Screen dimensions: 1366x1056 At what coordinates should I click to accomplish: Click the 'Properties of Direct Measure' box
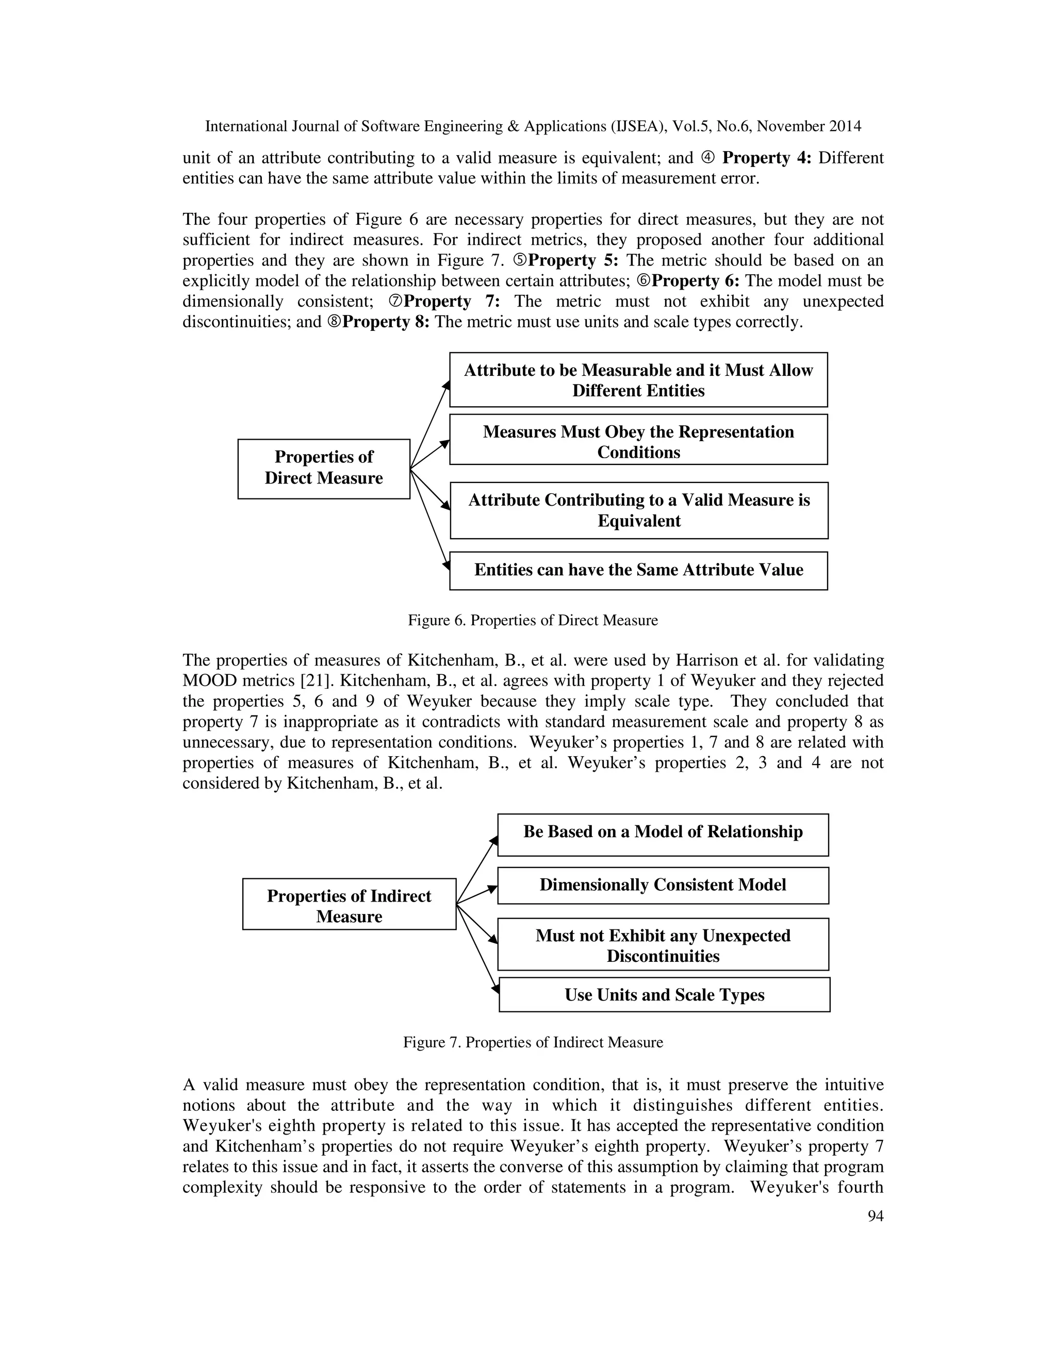(323, 469)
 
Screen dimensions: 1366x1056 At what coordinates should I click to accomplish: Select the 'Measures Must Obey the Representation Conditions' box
(638, 440)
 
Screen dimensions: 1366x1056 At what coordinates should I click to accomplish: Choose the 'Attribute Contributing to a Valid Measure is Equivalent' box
(639, 510)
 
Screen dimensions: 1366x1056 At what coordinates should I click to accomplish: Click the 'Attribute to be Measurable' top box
(638, 380)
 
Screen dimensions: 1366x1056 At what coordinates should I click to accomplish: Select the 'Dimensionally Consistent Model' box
(663, 885)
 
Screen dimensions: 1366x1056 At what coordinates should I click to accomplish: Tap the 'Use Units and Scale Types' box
(664, 994)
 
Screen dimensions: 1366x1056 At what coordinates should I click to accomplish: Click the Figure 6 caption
(532, 621)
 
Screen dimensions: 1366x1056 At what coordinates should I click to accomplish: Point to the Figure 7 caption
(532, 1043)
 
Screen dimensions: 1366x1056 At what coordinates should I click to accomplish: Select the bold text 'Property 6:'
(695, 281)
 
